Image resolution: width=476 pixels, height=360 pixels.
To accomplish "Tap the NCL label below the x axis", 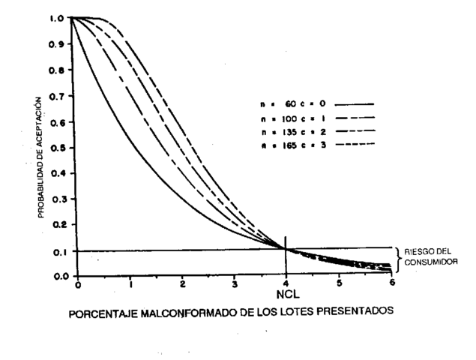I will (x=286, y=289).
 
